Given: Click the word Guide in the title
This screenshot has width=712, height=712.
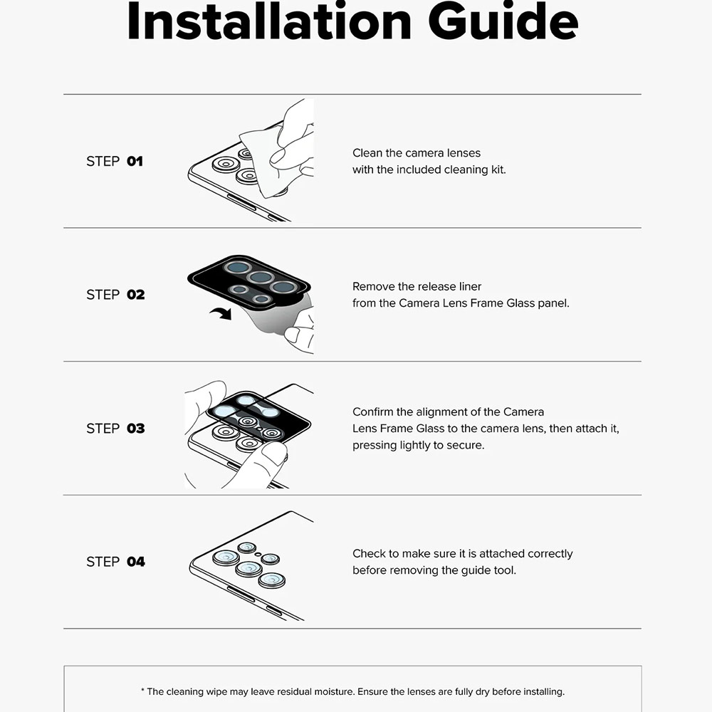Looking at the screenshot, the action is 503,22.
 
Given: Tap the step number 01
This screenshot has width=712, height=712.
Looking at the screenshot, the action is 135,161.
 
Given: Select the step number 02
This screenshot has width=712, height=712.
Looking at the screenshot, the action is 136,295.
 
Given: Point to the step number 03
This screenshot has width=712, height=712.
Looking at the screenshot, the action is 136,428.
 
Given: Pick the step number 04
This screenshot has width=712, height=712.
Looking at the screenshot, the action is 136,562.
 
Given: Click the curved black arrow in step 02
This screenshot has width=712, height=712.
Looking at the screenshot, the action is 221,313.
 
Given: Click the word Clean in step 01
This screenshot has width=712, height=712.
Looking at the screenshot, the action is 367,153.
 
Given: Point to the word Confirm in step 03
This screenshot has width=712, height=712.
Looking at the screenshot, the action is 373,412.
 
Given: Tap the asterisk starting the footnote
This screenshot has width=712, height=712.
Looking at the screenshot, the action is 142,690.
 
